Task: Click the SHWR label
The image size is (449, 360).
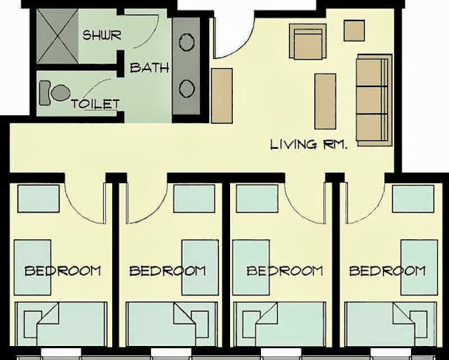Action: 102,35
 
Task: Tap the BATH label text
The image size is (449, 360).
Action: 149,67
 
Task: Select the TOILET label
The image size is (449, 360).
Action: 95,104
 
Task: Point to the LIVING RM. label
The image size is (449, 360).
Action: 309,145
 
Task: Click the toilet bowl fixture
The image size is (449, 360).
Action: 55,93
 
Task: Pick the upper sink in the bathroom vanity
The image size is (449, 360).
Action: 187,42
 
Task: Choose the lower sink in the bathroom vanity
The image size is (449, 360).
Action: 187,88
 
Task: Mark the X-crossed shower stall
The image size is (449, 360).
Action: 58,36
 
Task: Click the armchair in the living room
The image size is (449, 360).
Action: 308,41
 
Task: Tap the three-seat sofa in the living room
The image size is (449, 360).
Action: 374,100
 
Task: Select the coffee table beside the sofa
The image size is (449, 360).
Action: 326,101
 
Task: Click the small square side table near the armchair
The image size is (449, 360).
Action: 354,30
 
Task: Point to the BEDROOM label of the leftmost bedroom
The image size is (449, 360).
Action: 62,271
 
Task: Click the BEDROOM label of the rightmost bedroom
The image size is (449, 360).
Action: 387,271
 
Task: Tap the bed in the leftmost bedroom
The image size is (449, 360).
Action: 61,324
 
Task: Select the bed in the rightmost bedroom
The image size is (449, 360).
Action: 391,324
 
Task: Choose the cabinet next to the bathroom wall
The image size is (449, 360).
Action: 222,96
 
